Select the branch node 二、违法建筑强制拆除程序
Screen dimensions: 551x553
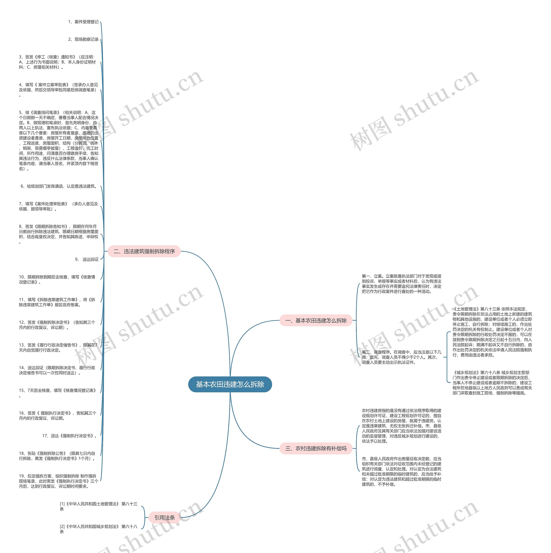(x=144, y=251)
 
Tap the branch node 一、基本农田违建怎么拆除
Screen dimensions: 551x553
(x=316, y=321)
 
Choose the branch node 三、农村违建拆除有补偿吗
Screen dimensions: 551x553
(x=316, y=448)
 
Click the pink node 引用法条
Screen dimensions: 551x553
(x=164, y=517)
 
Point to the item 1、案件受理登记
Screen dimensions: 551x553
(x=83, y=22)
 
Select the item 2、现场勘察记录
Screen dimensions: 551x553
(x=83, y=39)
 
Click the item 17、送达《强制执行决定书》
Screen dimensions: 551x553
(x=70, y=436)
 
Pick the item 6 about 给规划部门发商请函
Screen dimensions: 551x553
(x=59, y=186)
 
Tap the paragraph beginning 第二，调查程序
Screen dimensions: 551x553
(x=401, y=357)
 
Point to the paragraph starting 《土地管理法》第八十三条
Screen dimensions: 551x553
(x=492, y=332)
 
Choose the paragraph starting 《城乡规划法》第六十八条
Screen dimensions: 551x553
(x=492, y=382)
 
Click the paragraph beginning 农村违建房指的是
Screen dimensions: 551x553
(x=401, y=426)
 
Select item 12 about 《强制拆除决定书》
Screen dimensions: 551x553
(x=57, y=325)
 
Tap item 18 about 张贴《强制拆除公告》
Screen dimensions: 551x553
(x=57, y=456)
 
